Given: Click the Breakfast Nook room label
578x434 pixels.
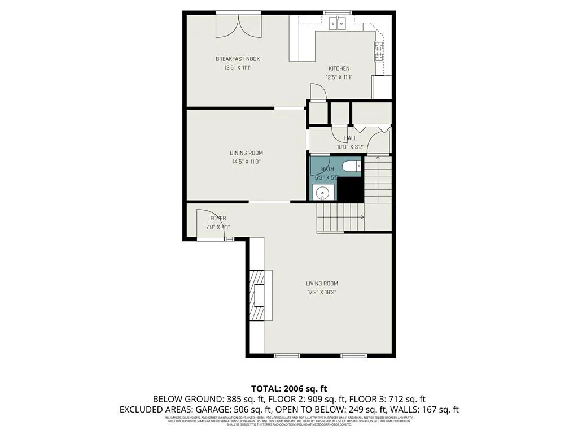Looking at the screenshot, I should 237,59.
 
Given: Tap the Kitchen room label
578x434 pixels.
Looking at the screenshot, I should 339,68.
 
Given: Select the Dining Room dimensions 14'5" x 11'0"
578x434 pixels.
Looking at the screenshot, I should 246,162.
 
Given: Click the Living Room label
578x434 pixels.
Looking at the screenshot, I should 322,284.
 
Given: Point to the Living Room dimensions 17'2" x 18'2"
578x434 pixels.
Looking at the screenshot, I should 322,292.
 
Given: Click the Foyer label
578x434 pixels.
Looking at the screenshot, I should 218,219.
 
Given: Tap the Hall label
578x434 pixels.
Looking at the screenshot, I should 350,138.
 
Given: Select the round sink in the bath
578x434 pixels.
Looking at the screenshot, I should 322,193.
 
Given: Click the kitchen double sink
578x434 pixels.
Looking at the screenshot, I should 338,23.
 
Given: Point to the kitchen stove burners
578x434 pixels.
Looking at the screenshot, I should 378,52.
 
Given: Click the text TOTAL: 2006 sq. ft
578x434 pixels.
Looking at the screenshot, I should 289,388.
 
